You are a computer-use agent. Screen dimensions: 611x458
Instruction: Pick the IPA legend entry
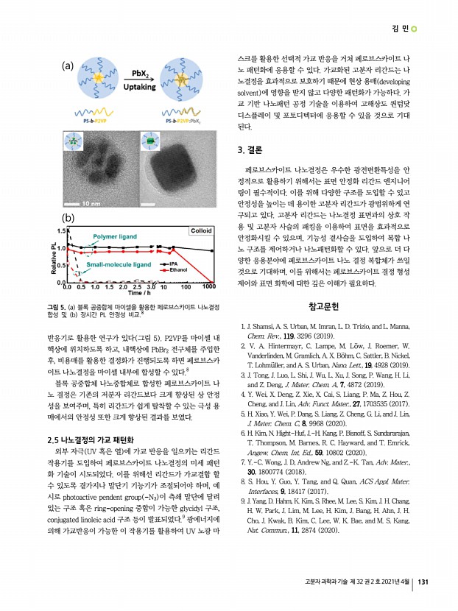pos(175,263)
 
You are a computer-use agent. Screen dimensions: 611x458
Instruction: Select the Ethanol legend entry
pos(179,270)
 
